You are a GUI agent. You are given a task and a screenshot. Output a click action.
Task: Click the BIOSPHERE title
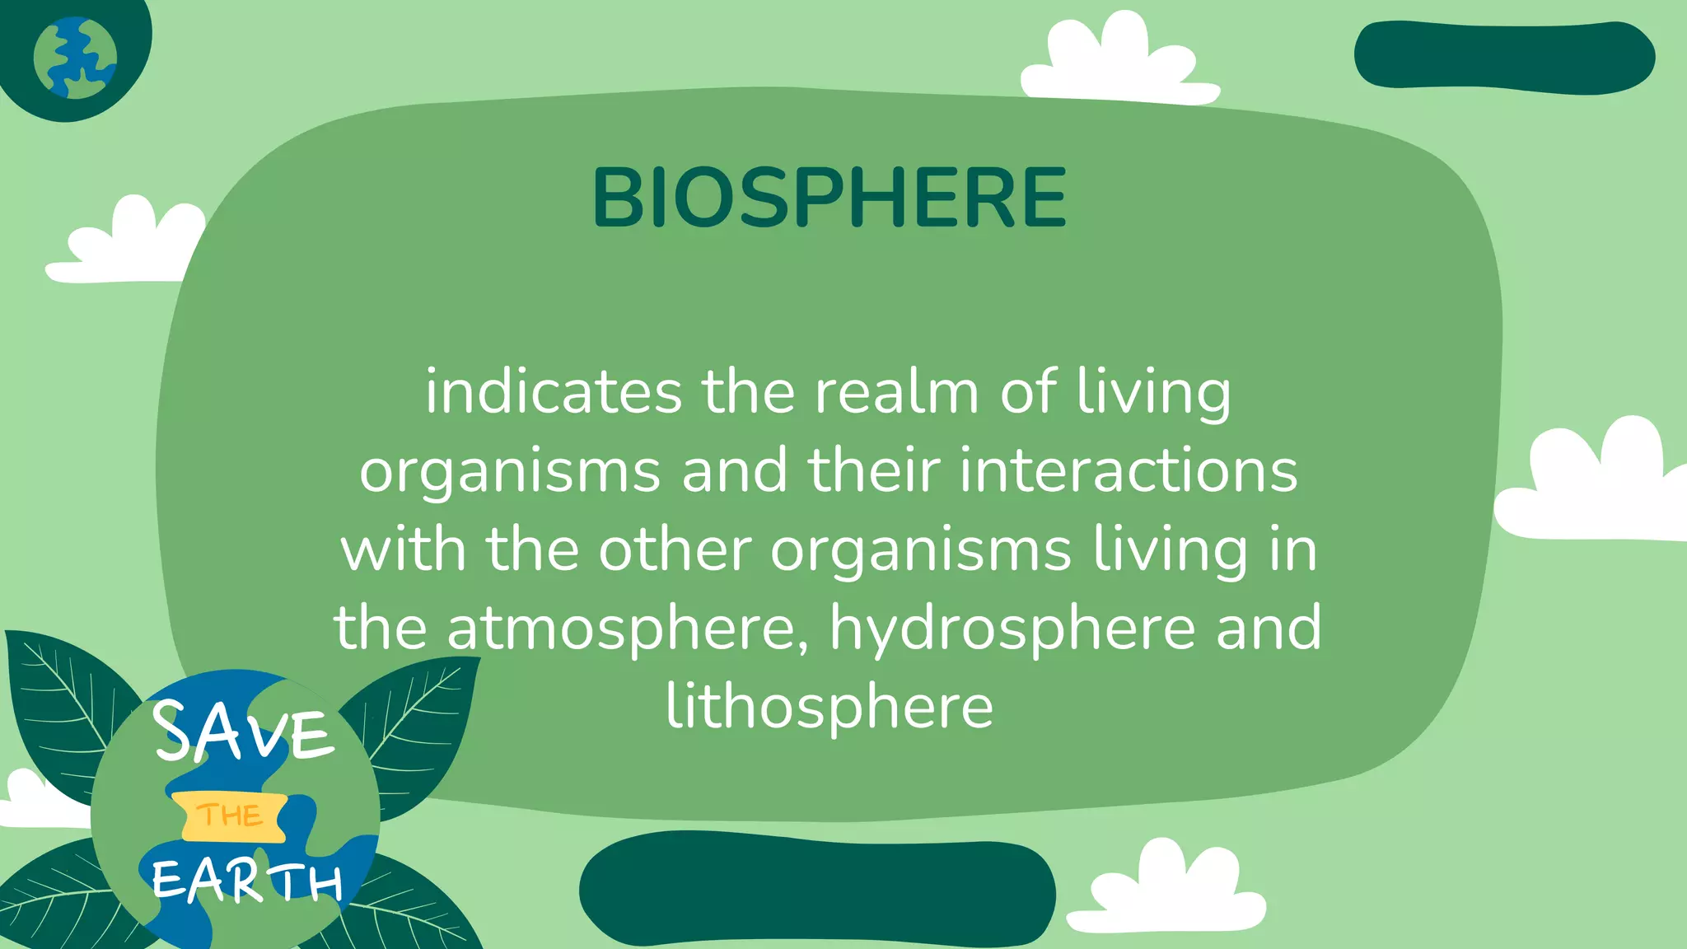click(x=829, y=198)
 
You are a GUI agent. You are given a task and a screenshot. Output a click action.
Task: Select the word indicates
click(x=554, y=392)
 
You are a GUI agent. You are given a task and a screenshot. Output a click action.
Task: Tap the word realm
click(x=896, y=392)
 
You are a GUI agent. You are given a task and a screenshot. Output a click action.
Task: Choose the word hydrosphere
click(x=1012, y=629)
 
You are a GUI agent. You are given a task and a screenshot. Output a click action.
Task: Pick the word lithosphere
click(x=829, y=707)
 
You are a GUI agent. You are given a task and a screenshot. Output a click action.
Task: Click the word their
click(x=873, y=470)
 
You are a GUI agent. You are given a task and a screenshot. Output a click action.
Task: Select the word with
click(x=403, y=549)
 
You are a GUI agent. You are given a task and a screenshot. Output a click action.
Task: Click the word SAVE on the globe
click(x=244, y=732)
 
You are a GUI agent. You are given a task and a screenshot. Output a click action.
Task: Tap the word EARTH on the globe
click(x=247, y=880)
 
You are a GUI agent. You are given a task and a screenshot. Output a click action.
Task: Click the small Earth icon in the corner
click(x=75, y=58)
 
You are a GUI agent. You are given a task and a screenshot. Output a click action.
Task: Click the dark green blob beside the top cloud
click(x=1504, y=56)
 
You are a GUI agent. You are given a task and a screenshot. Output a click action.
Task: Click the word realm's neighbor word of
click(x=1026, y=392)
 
